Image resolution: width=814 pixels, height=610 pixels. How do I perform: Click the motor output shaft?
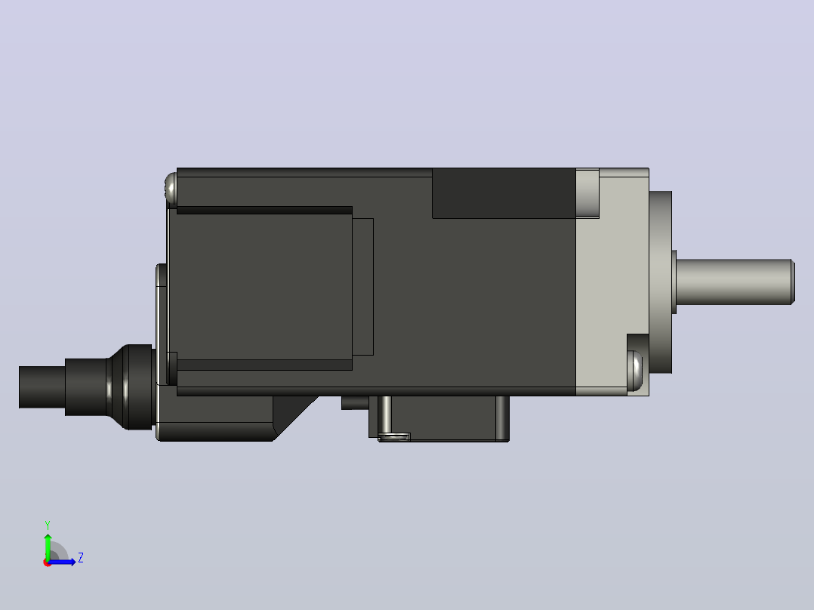tap(735, 282)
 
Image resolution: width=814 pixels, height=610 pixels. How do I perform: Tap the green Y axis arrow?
tap(48, 547)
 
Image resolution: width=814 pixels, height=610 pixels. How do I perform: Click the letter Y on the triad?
tap(48, 525)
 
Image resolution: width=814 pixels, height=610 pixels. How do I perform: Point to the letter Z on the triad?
tap(81, 558)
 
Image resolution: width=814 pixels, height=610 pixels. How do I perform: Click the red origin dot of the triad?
tap(48, 562)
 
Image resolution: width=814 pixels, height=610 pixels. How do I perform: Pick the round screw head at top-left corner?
tap(171, 188)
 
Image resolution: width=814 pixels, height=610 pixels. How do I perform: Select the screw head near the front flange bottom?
tap(635, 371)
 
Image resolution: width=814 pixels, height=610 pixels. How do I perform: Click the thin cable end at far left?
tap(42, 387)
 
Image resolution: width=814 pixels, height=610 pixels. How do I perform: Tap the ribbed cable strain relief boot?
tap(130, 387)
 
